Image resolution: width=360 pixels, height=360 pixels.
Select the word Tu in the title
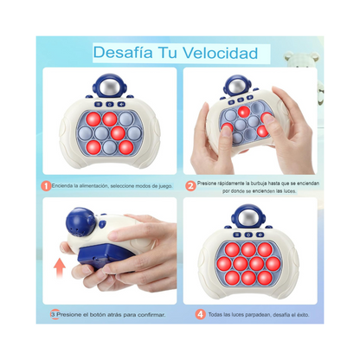point(176,54)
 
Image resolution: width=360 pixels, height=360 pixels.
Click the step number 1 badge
point(45,185)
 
